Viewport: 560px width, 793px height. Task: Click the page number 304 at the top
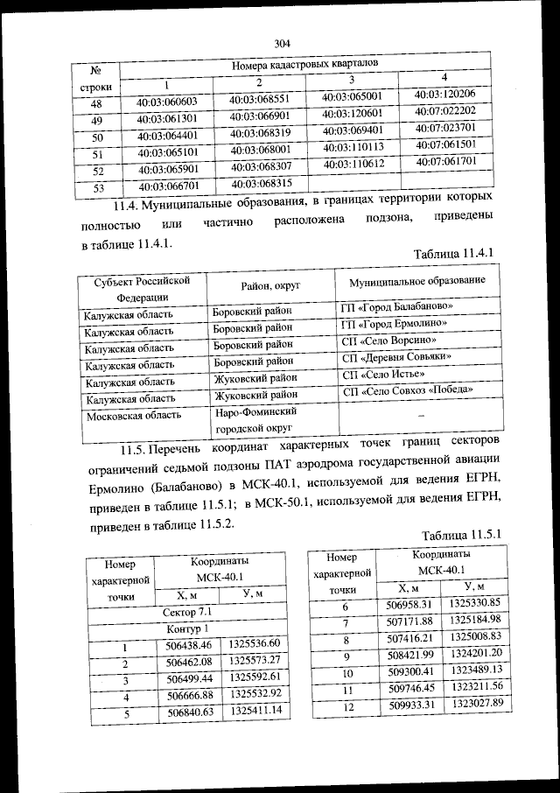pos(281,42)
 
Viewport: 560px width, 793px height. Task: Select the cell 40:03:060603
pos(167,102)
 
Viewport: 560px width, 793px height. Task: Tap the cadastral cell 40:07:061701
pos(446,162)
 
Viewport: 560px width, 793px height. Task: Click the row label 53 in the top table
pos(98,187)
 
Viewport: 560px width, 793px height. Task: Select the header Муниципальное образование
pos(416,285)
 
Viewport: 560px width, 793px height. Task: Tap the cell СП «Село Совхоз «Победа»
pos(409,389)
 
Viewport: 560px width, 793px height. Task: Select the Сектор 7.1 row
pos(198,611)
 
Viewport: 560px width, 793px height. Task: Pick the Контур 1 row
pos(198,629)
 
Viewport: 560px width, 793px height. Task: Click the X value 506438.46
pos(189,646)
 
